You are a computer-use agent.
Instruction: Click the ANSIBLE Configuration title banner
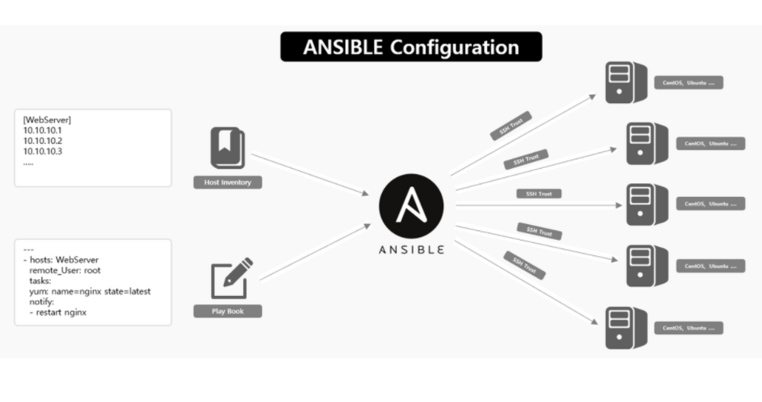[411, 47]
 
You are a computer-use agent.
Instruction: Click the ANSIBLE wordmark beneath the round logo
[411, 249]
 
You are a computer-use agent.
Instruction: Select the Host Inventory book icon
[228, 148]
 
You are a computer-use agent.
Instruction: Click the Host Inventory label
[228, 182]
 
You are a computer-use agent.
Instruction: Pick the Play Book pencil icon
[230, 277]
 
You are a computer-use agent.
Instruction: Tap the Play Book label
[228, 312]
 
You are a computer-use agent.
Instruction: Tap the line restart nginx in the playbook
[58, 312]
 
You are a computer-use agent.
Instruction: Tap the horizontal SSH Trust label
[539, 194]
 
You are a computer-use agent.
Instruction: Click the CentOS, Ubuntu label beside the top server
[688, 83]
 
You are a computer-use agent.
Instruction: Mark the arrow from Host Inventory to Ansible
[310, 175]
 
